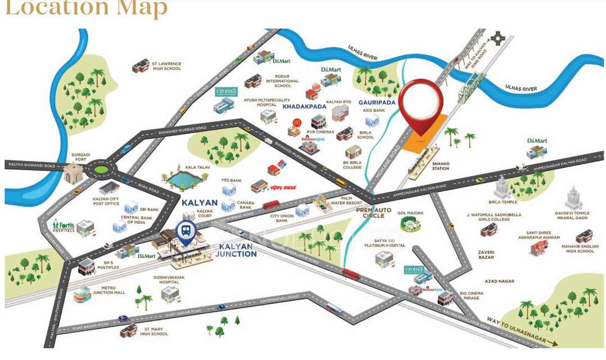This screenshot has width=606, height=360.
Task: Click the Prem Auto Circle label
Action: click(373, 211)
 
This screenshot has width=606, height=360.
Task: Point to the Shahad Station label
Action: click(440, 166)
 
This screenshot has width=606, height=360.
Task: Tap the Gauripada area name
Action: click(377, 103)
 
